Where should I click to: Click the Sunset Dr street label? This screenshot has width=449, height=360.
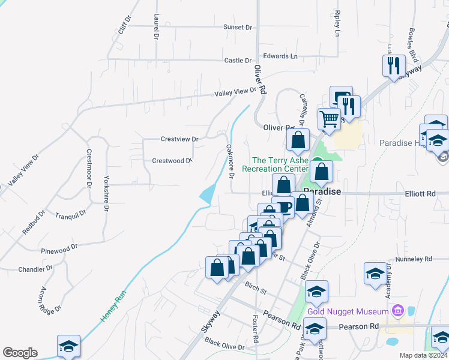click(237, 27)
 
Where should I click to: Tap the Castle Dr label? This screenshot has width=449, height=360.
click(238, 61)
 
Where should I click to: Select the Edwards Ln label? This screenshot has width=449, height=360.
click(280, 56)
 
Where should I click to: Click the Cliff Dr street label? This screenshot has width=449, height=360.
click(124, 23)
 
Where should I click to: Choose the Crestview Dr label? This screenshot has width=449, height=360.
click(179, 139)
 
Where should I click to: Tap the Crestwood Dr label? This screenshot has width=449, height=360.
click(172, 161)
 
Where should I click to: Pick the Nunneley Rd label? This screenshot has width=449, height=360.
click(414, 260)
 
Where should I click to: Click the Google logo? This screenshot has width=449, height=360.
click(20, 353)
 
